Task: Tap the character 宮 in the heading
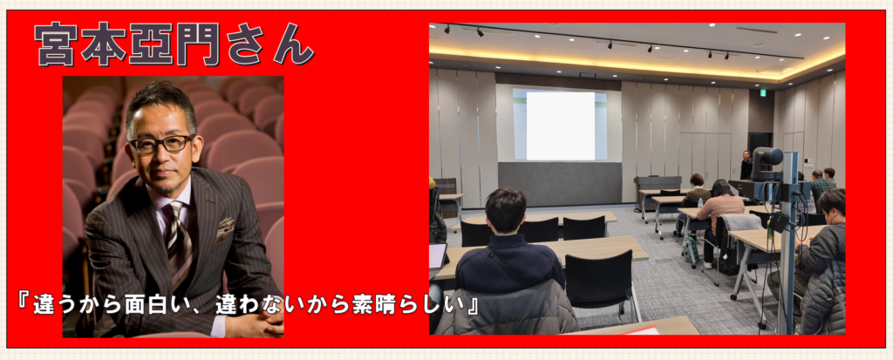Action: (57, 44)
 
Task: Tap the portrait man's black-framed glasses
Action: (162, 144)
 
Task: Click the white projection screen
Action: (560, 126)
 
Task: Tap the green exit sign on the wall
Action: (764, 93)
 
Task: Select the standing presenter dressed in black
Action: (746, 166)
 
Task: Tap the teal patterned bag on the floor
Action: (691, 251)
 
